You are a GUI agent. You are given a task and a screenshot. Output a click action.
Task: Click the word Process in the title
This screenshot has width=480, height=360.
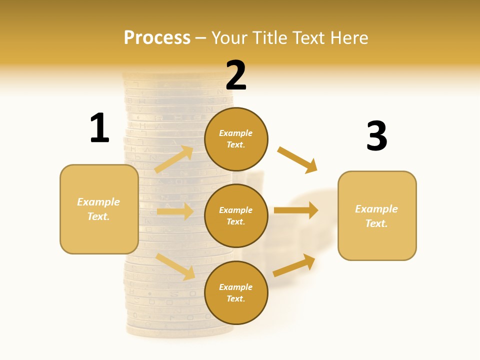(x=157, y=37)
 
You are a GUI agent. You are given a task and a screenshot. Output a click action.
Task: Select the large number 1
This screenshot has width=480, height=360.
(x=99, y=128)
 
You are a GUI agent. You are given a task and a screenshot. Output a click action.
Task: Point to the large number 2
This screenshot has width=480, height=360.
(x=236, y=75)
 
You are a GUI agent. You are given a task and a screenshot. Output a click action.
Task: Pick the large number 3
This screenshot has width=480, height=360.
(x=376, y=136)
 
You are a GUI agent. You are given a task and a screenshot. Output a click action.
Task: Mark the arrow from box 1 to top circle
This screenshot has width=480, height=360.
(x=174, y=159)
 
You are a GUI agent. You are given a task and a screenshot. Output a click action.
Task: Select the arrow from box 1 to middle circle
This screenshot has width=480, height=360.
(x=175, y=211)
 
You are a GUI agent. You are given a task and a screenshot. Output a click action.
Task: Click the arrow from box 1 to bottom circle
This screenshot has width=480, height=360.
(x=175, y=266)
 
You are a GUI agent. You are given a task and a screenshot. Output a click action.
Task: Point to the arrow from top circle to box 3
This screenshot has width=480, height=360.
(x=297, y=159)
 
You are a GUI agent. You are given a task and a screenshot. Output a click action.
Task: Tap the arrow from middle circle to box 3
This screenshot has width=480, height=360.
(x=296, y=210)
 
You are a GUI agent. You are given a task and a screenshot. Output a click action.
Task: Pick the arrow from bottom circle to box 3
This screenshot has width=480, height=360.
(x=294, y=265)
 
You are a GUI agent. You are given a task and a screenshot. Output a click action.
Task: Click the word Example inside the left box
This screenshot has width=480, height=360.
(x=98, y=202)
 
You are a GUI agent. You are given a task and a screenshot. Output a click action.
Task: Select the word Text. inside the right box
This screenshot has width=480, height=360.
(x=376, y=223)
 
